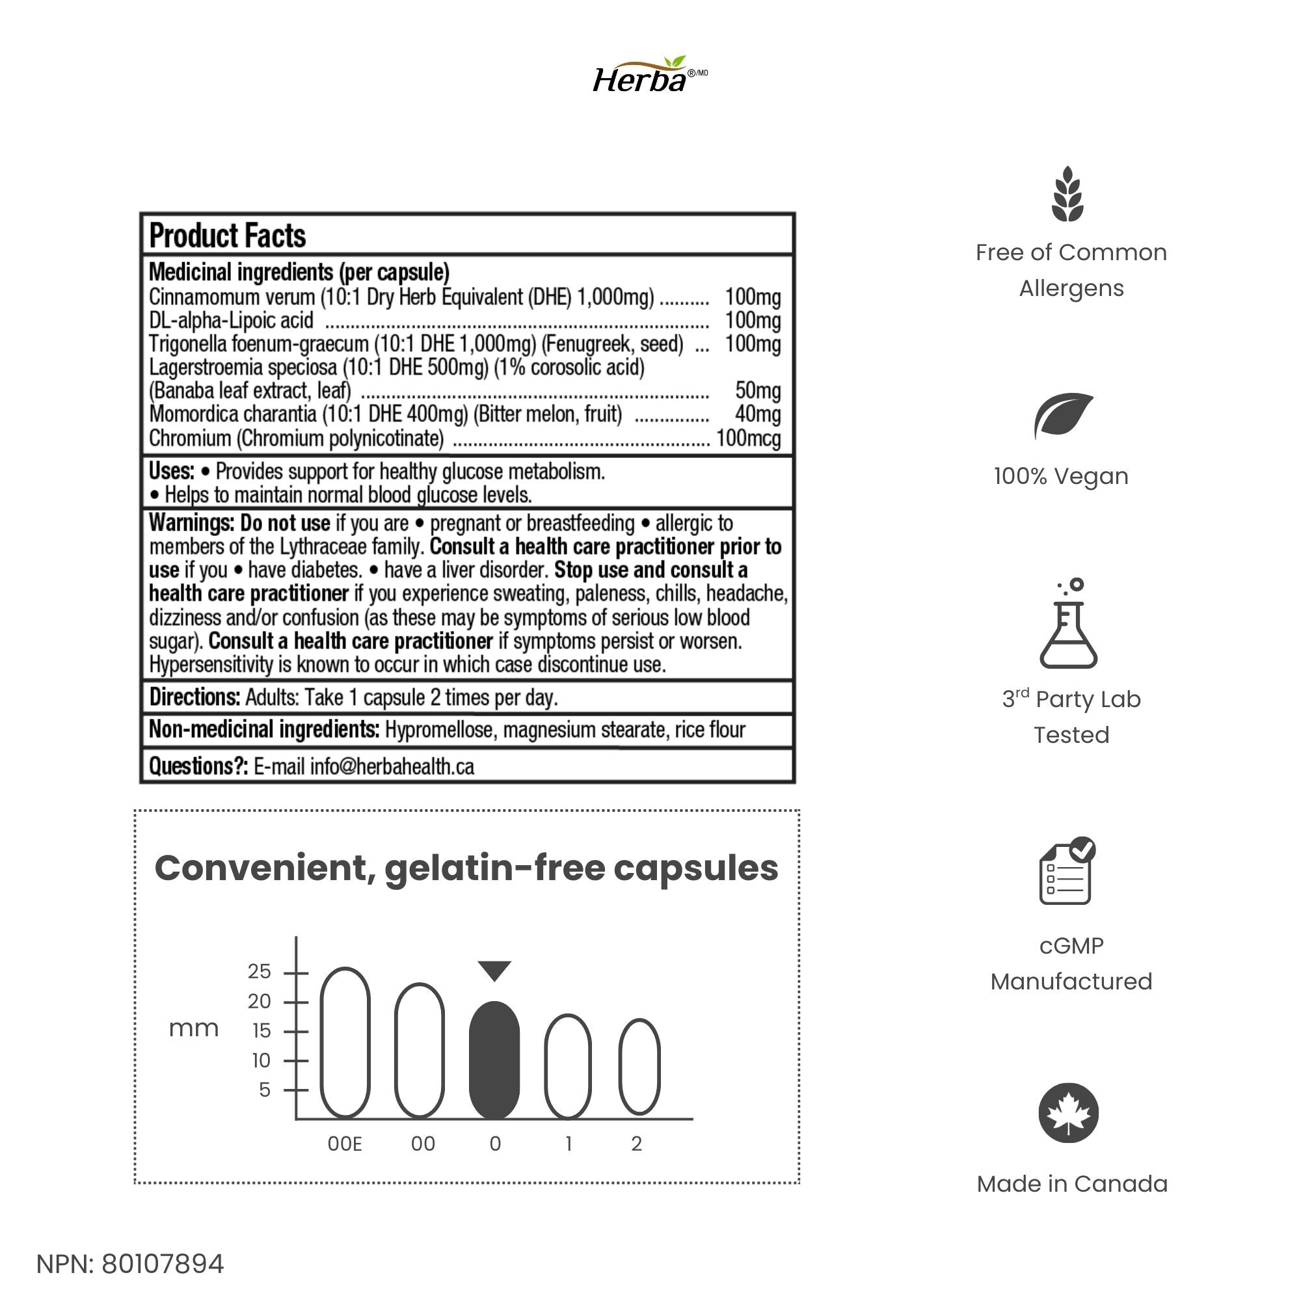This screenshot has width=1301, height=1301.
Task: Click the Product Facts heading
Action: tap(228, 235)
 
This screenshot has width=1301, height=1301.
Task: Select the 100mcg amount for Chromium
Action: tap(748, 438)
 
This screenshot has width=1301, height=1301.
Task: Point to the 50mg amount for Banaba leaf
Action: tap(758, 390)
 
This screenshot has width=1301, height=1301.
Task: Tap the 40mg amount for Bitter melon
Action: tap(758, 414)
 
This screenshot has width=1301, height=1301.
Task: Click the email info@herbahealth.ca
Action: tap(392, 766)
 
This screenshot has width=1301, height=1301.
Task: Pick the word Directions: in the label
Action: tap(194, 697)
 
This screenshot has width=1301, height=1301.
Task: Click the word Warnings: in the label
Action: tap(191, 523)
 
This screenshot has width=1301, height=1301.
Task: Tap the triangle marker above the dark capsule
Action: tap(494, 971)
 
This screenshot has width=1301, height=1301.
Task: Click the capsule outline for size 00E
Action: tap(345, 1043)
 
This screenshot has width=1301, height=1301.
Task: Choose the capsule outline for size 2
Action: tap(639, 1067)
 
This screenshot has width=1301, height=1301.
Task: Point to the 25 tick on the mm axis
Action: tap(260, 972)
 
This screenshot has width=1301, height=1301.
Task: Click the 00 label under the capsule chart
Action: tap(423, 1144)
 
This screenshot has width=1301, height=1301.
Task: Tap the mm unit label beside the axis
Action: tap(194, 1028)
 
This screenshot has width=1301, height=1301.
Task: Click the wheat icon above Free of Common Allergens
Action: tap(1068, 194)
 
